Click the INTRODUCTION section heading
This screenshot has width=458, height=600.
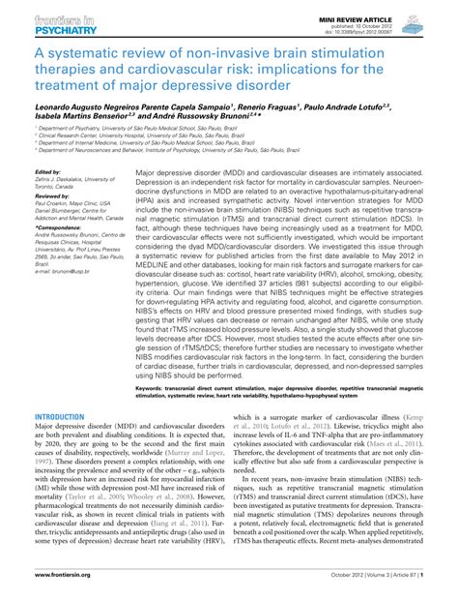tap(60, 416)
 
